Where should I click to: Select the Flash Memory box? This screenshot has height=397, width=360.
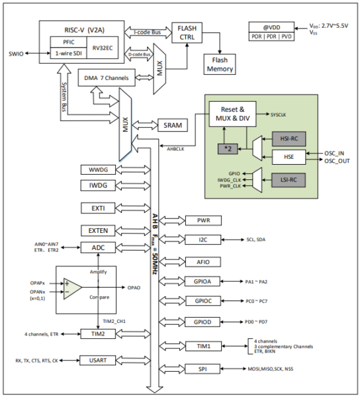[x=220, y=64]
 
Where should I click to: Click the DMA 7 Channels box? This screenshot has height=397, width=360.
[x=105, y=79]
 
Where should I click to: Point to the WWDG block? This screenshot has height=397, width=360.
[x=99, y=169]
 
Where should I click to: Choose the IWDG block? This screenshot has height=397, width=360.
[x=99, y=185]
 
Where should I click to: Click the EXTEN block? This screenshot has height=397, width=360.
[x=99, y=230]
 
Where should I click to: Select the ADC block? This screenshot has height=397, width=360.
[x=99, y=247]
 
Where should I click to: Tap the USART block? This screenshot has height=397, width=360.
[x=99, y=361]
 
